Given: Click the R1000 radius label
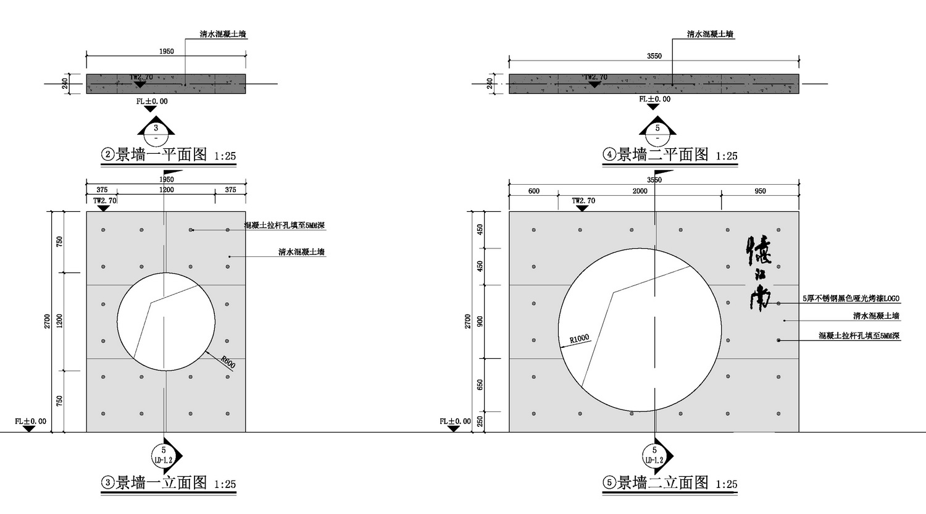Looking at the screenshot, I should tap(579, 339).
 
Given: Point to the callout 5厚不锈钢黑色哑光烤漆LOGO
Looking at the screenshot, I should tap(851, 298).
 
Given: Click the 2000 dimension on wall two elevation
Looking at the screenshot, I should tap(640, 191).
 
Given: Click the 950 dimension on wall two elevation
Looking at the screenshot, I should tap(760, 191).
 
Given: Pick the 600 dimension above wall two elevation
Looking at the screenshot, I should tap(533, 191).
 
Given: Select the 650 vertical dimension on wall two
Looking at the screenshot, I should tap(480, 385).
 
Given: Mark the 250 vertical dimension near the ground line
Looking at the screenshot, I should tap(480, 422).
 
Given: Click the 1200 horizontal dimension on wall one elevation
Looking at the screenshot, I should tap(166, 190).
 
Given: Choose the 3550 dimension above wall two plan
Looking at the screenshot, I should tap(654, 56).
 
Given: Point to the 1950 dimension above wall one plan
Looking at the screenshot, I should tap(166, 51).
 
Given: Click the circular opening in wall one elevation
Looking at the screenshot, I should tap(166, 321).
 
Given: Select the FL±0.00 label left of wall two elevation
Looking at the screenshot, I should tap(455, 421).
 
